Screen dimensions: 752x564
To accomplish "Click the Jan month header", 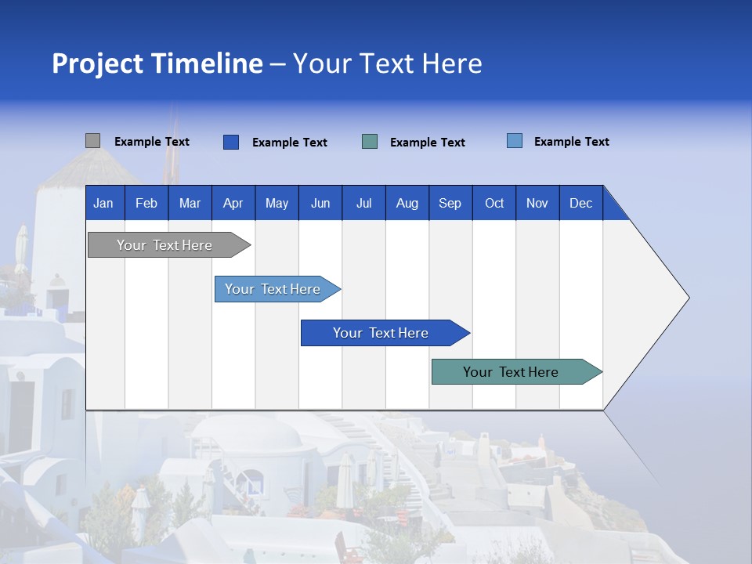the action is pyautogui.click(x=103, y=203).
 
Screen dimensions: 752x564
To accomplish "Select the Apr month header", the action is pyautogui.click(x=233, y=203).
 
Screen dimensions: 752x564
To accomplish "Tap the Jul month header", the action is pyautogui.click(x=363, y=203).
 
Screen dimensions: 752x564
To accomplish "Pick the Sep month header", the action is pyautogui.click(x=450, y=203).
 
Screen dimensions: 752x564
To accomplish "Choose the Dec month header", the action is pyautogui.click(x=580, y=203).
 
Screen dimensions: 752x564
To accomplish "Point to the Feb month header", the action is pyautogui.click(x=146, y=203).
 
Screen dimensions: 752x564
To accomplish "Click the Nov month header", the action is pyautogui.click(x=537, y=203).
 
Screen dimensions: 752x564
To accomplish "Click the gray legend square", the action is pyautogui.click(x=92, y=141).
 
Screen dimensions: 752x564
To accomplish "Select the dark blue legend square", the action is pyautogui.click(x=231, y=142).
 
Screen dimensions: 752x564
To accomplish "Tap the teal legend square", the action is pyautogui.click(x=370, y=142).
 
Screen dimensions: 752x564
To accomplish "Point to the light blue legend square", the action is pyautogui.click(x=515, y=141).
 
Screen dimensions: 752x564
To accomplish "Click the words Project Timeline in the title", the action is pyautogui.click(x=157, y=63).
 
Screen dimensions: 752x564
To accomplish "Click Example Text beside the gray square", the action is pyautogui.click(x=152, y=142).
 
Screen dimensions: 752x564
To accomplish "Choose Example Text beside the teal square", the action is pyautogui.click(x=428, y=143).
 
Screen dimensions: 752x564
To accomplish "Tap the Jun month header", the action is pyautogui.click(x=320, y=203).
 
